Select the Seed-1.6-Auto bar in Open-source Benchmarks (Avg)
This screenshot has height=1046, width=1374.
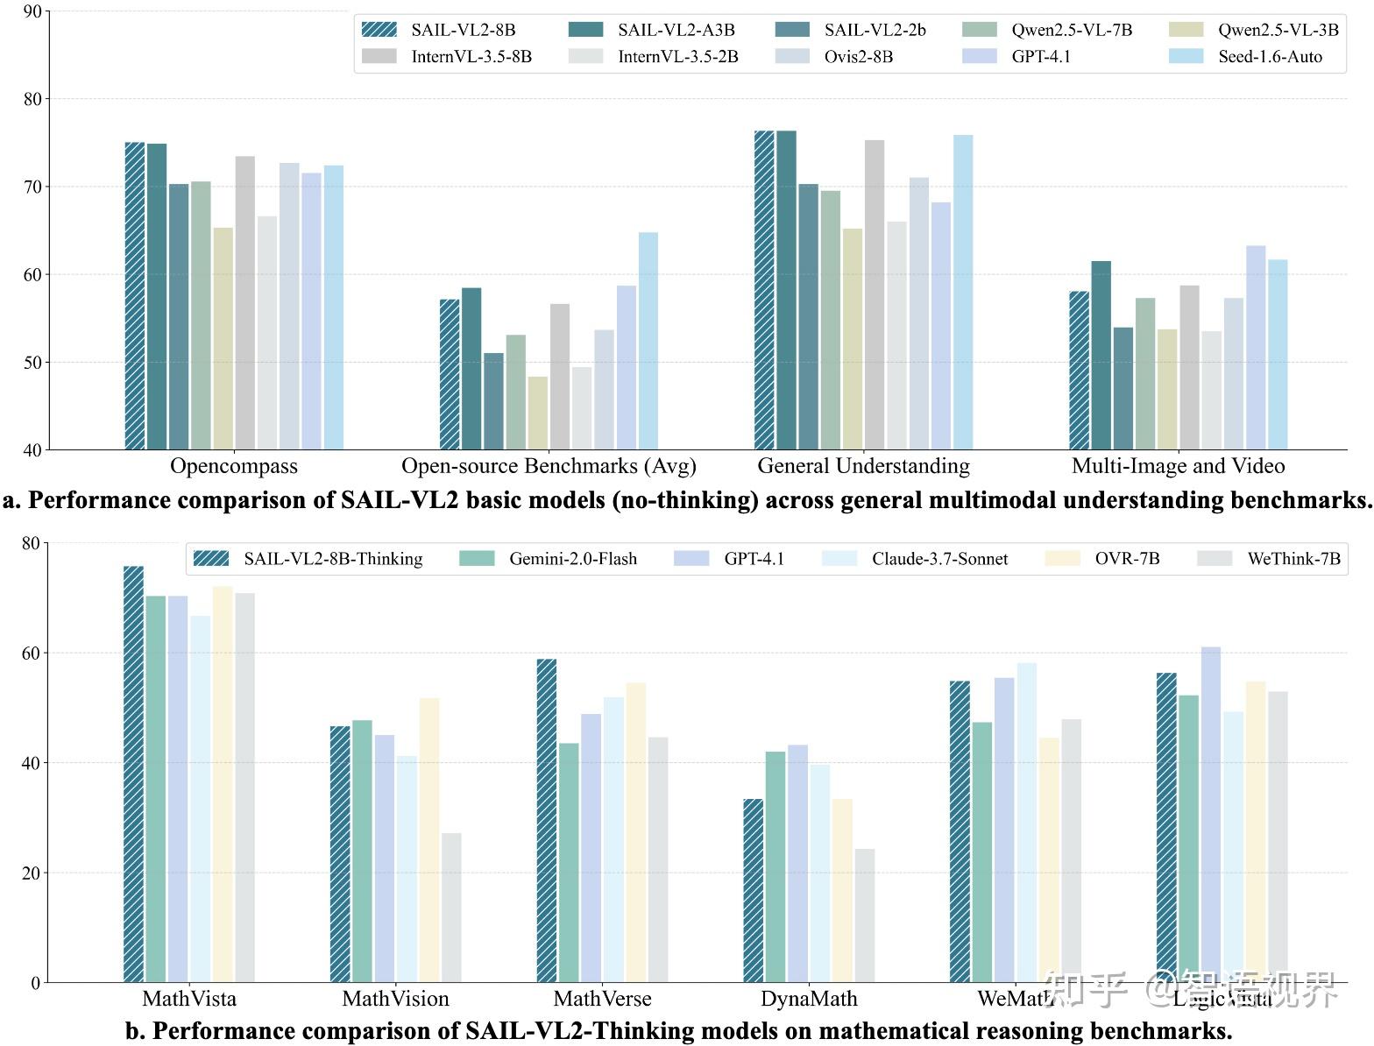click(x=648, y=342)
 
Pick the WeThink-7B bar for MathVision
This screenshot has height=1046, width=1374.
click(x=451, y=908)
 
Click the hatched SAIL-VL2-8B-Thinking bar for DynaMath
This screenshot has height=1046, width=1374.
click(x=753, y=890)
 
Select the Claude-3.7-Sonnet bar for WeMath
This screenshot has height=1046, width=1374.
click(x=1026, y=823)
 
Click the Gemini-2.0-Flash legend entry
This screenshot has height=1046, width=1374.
click(x=549, y=559)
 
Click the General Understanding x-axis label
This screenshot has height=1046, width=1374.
click(x=863, y=466)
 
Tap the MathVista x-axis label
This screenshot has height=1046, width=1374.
click(x=189, y=999)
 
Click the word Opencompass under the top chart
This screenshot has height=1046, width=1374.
click(x=234, y=466)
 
